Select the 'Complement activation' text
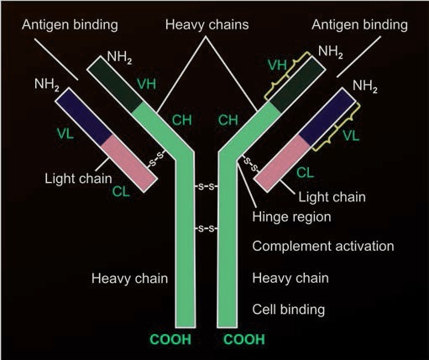pyautogui.click(x=323, y=247)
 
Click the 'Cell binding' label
pyautogui.click(x=290, y=310)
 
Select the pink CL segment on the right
pyautogui.click(x=283, y=164)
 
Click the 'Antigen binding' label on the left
pyautogui.click(x=53, y=26)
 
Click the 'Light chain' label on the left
pyautogui.click(x=76, y=179)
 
